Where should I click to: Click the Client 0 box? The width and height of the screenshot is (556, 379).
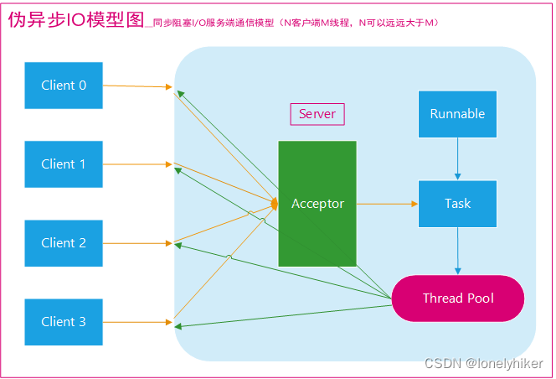pos(64,86)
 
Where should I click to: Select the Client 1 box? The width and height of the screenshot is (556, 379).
pos(64,164)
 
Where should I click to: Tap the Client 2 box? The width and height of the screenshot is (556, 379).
pos(64,243)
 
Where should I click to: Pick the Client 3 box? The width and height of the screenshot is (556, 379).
pos(64,322)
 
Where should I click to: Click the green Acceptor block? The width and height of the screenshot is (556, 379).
pos(317,204)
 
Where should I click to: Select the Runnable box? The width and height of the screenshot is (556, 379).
pos(457,114)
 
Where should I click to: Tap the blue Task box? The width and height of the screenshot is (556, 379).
pos(457,204)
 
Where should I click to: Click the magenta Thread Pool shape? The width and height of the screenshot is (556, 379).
pos(457,299)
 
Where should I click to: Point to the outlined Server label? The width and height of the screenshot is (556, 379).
pos(317,114)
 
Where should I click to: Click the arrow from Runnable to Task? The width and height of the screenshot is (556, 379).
pos(457,158)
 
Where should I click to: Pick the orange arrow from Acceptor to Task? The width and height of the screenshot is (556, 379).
pos(386,204)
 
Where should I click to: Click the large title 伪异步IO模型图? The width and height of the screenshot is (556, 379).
pos(75,21)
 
